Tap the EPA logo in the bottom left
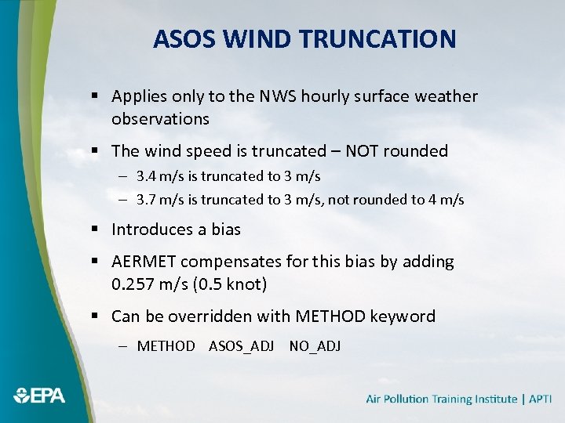point(38,396)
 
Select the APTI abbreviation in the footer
point(540,399)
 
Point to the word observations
point(160,119)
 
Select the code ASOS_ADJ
point(241,345)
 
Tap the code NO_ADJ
point(315,345)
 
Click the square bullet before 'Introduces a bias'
point(93,230)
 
